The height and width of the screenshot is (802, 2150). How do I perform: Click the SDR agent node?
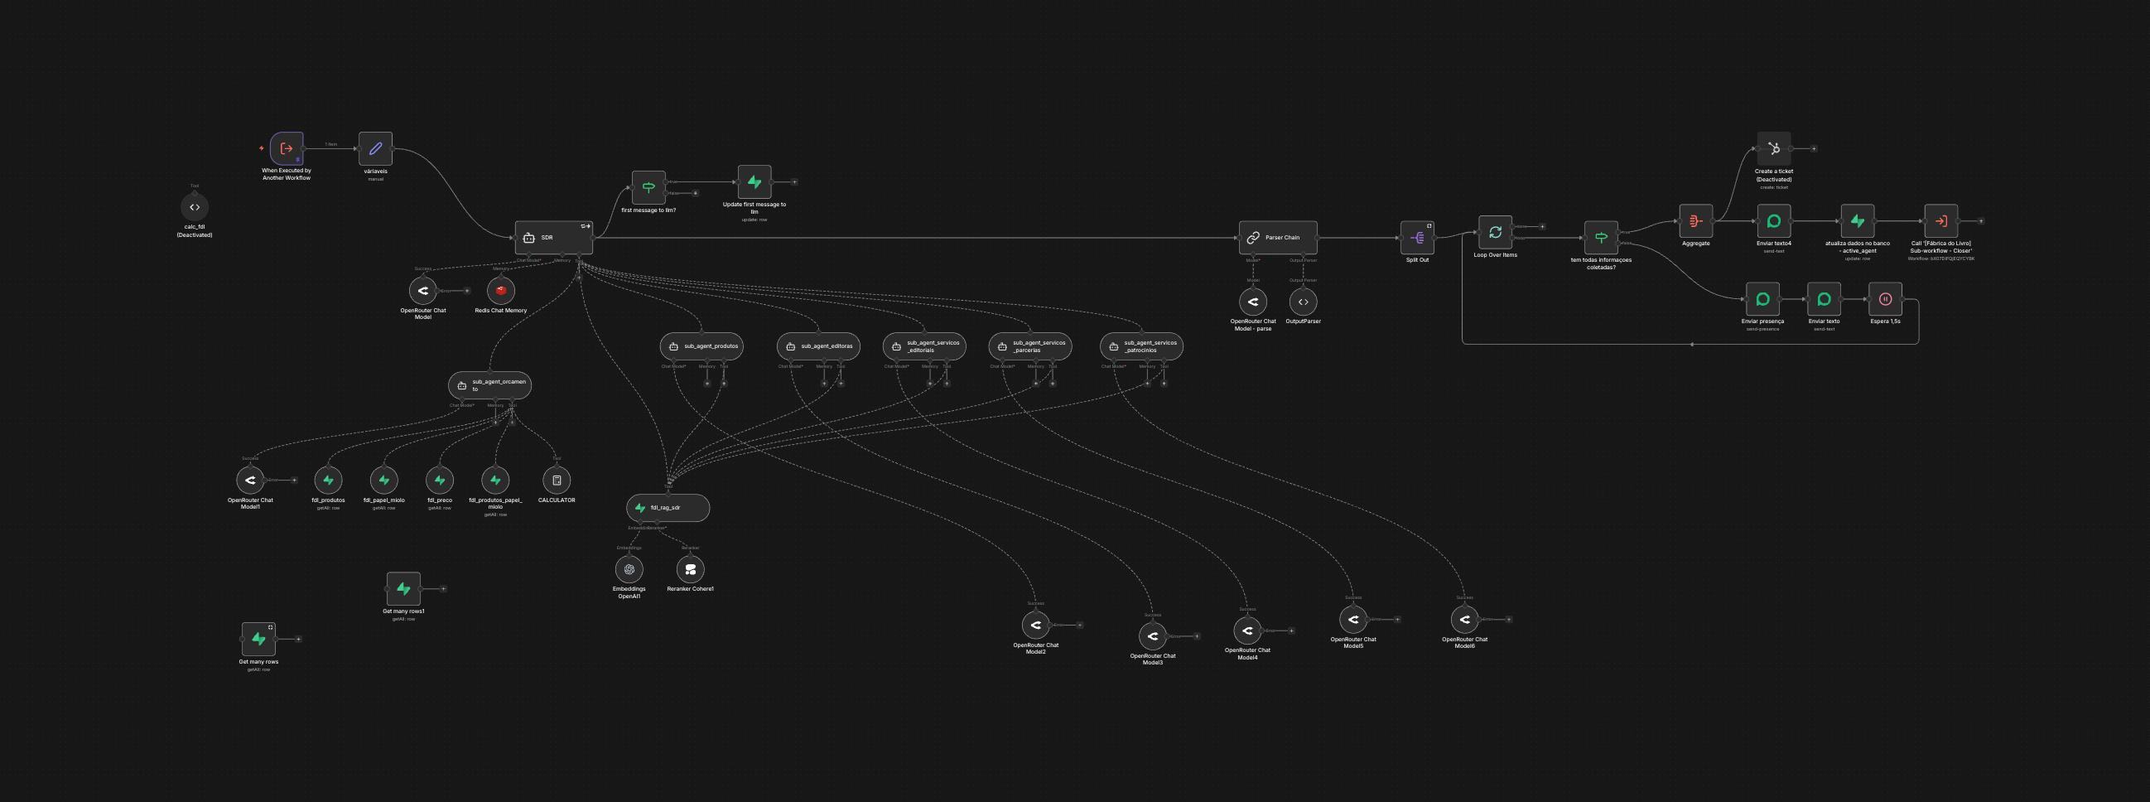click(x=553, y=238)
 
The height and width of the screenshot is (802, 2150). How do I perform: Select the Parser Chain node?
click(x=1278, y=238)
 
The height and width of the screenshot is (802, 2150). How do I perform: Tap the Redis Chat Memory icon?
click(x=501, y=291)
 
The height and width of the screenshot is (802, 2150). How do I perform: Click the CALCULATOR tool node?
click(x=557, y=480)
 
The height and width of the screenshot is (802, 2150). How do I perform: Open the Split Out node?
click(x=1417, y=238)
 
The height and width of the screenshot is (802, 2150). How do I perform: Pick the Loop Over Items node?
click(x=1495, y=233)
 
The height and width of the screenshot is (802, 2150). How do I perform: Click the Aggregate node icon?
click(x=1695, y=221)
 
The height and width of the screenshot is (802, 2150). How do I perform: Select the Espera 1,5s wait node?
click(x=1885, y=299)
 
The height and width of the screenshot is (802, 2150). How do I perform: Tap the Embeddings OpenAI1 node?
click(x=629, y=569)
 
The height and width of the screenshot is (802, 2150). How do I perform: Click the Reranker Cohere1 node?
click(x=690, y=569)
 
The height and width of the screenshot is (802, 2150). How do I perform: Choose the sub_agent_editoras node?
click(x=818, y=346)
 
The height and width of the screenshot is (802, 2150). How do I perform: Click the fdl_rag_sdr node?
click(x=668, y=507)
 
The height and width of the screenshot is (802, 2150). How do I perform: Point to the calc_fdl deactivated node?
click(x=195, y=207)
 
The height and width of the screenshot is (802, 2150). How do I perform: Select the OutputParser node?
click(x=1303, y=302)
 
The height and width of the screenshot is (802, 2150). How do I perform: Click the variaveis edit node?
click(x=375, y=148)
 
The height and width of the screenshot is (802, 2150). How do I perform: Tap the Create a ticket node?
click(x=1773, y=148)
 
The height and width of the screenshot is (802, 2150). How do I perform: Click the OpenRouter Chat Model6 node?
click(x=1464, y=619)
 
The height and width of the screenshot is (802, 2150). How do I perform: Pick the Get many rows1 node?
click(x=403, y=588)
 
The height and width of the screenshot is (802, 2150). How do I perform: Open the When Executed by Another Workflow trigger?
click(x=287, y=148)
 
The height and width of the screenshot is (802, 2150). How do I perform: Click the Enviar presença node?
click(x=1762, y=299)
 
